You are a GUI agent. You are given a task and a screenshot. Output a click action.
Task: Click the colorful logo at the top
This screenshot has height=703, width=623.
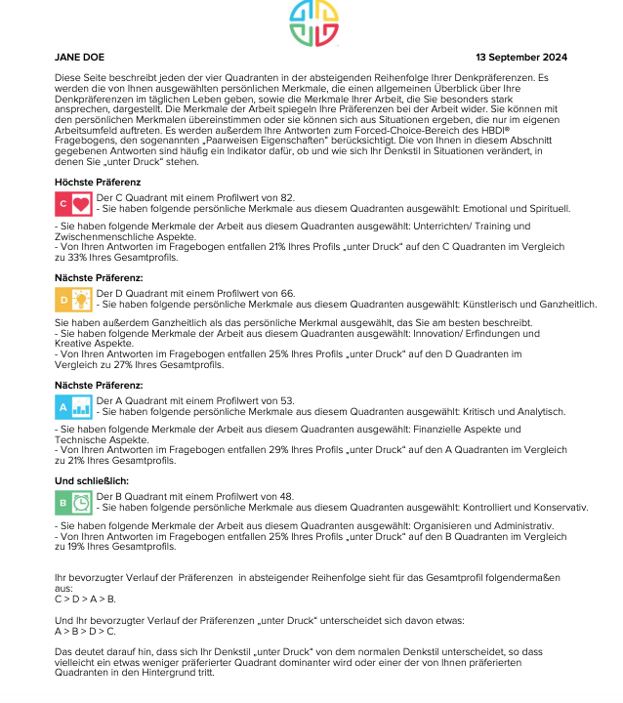[x=312, y=24]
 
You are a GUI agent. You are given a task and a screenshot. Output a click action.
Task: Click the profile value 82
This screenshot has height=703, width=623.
[x=286, y=198]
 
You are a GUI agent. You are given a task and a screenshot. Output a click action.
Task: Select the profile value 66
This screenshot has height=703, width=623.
[x=287, y=294]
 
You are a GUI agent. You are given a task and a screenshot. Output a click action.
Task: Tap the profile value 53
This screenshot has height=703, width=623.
[x=286, y=400]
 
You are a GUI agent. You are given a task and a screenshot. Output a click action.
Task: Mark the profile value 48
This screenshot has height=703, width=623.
[x=286, y=496]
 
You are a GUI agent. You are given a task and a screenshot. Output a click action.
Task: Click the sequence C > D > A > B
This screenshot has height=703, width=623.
[x=85, y=599]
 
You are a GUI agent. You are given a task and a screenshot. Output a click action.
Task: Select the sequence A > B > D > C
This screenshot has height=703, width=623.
[x=85, y=632]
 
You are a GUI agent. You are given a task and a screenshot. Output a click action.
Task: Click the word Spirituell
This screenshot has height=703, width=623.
[x=549, y=209]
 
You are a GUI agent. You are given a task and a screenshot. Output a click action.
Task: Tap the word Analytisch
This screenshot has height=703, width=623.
[x=540, y=412]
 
